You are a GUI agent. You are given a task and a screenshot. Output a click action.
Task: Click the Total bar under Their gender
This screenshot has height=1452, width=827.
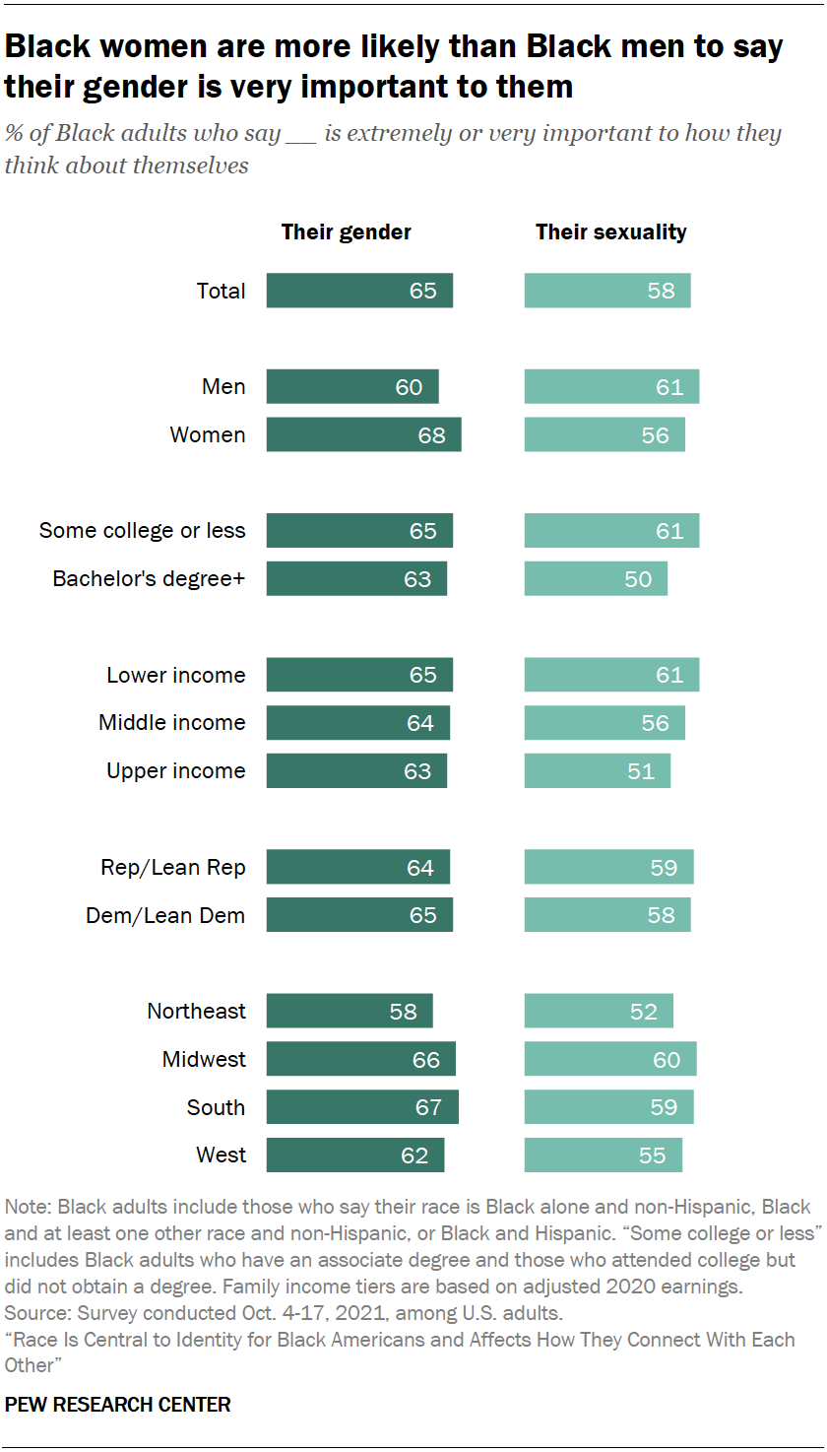pyautogui.click(x=359, y=291)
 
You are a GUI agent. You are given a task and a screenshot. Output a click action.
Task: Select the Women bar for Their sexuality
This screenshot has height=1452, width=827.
pyautogui.click(x=604, y=435)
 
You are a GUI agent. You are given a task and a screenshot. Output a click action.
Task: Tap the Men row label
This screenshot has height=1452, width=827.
pyautogui.click(x=223, y=387)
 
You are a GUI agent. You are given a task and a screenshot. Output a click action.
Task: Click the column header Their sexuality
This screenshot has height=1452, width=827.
pyautogui.click(x=610, y=232)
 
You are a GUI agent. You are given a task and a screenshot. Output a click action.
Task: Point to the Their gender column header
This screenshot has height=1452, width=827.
pyautogui.click(x=347, y=232)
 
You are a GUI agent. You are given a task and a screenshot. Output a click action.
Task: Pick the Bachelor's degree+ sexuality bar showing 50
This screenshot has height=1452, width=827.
pyautogui.click(x=595, y=579)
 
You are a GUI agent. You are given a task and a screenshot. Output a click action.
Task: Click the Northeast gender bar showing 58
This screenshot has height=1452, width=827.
pyautogui.click(x=350, y=1012)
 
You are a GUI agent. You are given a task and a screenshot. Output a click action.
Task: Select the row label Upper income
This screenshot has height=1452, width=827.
pyautogui.click(x=175, y=771)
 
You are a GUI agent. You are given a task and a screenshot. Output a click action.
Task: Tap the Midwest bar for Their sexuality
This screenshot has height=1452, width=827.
pyautogui.click(x=609, y=1060)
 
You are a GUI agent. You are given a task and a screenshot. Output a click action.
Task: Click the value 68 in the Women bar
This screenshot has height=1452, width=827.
pyautogui.click(x=431, y=435)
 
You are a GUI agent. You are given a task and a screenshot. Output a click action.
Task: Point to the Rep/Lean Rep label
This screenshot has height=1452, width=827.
pyautogui.click(x=172, y=868)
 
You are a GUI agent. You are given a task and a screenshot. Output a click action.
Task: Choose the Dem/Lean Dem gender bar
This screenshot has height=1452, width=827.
pyautogui.click(x=359, y=915)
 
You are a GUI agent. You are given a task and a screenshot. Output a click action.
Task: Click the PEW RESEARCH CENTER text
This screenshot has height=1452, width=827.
pyautogui.click(x=118, y=1405)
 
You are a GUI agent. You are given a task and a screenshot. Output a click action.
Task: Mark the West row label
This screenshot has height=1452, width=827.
pyautogui.click(x=221, y=1155)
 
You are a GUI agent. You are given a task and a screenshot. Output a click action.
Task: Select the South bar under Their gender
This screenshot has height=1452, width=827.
pyautogui.click(x=362, y=1107)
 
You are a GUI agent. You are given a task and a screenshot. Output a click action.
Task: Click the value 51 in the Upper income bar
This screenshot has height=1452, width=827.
pyautogui.click(x=641, y=771)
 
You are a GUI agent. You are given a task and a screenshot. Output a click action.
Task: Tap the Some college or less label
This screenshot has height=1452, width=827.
pyautogui.click(x=142, y=531)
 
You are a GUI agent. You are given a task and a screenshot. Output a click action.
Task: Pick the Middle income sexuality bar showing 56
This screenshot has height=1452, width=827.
pyautogui.click(x=604, y=723)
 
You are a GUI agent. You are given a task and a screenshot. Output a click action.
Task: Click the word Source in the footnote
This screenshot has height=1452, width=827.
pyautogui.click(x=32, y=1313)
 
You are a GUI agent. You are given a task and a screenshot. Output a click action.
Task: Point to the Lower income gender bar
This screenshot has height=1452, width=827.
pyautogui.click(x=359, y=675)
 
